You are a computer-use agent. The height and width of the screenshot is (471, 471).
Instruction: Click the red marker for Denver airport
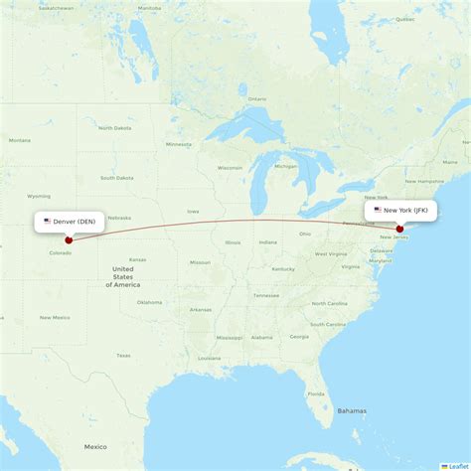click(69, 239)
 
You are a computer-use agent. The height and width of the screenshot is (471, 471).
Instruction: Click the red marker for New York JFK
click(400, 229)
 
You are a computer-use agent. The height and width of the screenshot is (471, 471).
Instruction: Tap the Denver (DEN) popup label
click(69, 222)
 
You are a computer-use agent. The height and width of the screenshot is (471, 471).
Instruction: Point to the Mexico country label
click(95, 446)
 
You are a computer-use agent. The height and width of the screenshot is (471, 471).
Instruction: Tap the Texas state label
click(122, 355)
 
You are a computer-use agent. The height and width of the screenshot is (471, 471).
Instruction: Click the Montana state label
click(19, 140)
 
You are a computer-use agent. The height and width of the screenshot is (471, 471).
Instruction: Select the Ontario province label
click(257, 99)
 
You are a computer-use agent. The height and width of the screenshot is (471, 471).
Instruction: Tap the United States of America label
click(123, 277)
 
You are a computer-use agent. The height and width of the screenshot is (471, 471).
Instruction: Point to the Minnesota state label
click(179, 144)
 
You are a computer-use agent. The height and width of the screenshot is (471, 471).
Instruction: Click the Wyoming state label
click(39, 196)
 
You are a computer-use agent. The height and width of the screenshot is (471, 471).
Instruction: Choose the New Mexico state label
click(55, 317)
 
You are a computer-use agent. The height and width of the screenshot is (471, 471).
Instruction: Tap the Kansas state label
click(137, 259)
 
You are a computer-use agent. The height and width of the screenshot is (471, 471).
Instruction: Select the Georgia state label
click(299, 336)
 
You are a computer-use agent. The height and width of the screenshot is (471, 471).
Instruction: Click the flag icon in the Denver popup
click(47, 222)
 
